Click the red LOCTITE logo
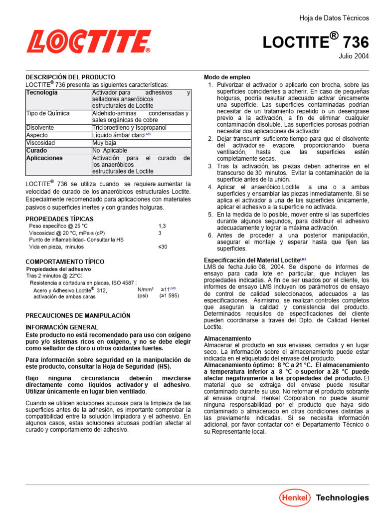[x=88, y=41]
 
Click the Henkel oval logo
[x=295, y=497]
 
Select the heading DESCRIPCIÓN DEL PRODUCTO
[x=70, y=77]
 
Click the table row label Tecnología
[x=42, y=93]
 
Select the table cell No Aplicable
[x=110, y=150]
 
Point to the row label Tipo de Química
[x=48, y=114]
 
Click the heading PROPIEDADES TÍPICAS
[x=59, y=219]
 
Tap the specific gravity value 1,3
[x=162, y=226]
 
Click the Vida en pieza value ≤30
[x=163, y=247]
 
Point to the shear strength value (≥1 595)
[x=169, y=296]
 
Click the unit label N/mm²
[x=145, y=289]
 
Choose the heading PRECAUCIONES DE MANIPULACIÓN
[x=78, y=315]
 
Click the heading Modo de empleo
[x=227, y=77]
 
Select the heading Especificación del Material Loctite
[x=252, y=260]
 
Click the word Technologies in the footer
[x=343, y=498]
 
